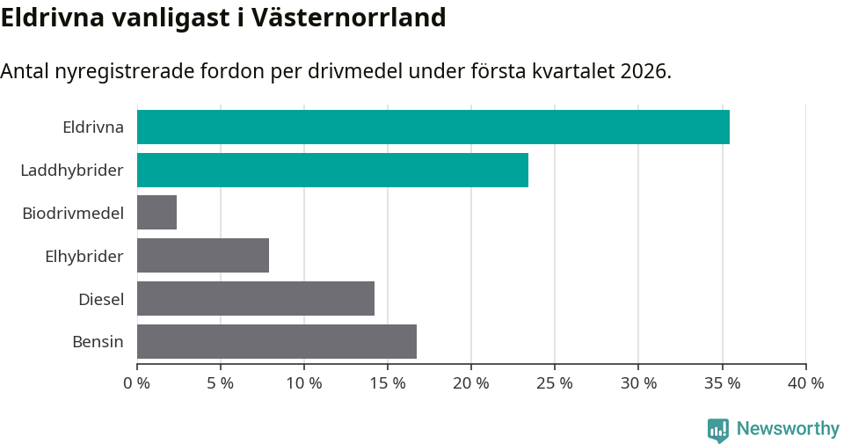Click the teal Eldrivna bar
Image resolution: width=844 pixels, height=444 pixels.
click(x=433, y=127)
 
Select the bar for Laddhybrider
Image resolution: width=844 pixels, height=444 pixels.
click(x=332, y=170)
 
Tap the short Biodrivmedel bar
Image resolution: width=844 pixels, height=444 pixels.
click(x=156, y=213)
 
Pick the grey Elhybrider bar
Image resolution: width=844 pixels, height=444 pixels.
click(x=202, y=256)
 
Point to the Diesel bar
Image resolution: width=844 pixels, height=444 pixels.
click(x=255, y=299)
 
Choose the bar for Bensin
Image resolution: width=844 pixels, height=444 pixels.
click(x=276, y=342)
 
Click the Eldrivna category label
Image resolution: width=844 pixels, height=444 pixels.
click(x=92, y=127)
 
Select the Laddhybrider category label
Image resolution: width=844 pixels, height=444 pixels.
click(x=71, y=170)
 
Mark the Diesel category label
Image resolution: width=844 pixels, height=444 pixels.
click(x=100, y=299)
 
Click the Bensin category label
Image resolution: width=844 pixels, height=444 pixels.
click(x=98, y=342)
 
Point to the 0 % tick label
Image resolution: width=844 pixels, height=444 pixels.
click(x=136, y=383)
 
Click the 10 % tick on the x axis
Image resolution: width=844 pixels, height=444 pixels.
click(x=303, y=383)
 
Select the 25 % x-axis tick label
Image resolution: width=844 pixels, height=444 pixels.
click(x=554, y=383)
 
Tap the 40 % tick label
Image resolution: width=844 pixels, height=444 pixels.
click(x=805, y=383)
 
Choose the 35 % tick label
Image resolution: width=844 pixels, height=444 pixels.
click(x=722, y=383)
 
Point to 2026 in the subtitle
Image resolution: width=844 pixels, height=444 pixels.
click(x=644, y=71)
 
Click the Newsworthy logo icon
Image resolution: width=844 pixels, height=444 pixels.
click(x=718, y=429)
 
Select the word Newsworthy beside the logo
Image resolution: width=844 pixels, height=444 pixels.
click(x=788, y=429)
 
